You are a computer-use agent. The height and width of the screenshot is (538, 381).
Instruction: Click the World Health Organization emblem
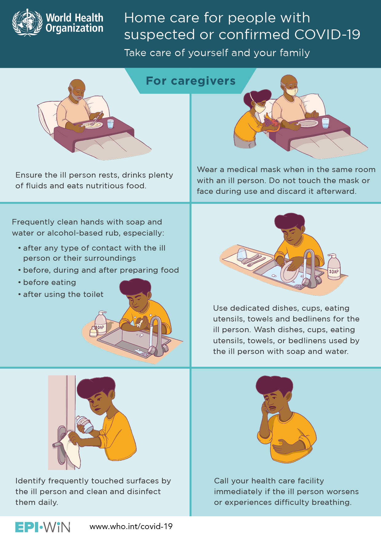27,22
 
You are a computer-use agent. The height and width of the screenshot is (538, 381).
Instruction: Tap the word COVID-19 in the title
327,34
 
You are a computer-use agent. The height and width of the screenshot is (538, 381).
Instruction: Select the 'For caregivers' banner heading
191,81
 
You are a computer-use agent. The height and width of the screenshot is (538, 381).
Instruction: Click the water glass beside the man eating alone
110,124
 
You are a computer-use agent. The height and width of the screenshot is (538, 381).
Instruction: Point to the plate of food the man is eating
92,125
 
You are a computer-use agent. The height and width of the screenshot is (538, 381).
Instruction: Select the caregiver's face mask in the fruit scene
260,108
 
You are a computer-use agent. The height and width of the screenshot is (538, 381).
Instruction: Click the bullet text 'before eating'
49,282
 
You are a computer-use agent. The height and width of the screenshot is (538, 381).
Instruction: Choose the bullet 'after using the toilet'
63,294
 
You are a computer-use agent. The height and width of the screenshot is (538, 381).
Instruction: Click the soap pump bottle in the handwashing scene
100,323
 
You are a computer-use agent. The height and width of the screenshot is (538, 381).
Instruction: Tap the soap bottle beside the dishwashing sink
334,267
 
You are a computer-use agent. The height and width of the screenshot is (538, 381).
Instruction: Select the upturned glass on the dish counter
242,254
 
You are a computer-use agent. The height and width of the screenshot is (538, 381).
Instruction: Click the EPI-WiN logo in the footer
43,527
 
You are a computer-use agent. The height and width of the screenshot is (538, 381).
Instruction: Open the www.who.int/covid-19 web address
131,527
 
